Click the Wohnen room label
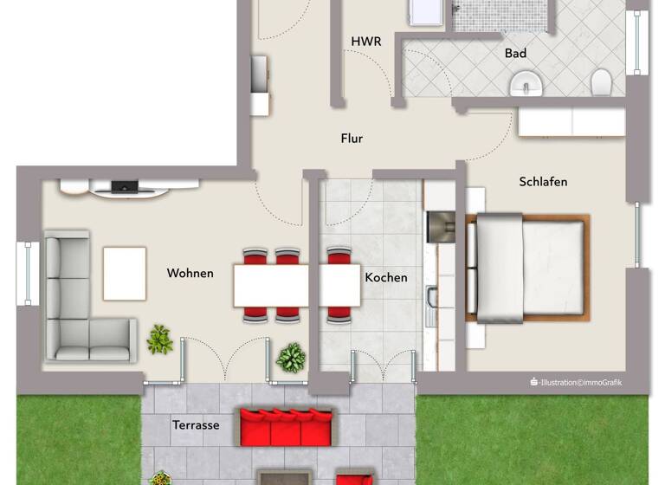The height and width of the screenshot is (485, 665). pos(190,274)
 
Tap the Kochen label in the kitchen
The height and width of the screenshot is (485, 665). pos(386,278)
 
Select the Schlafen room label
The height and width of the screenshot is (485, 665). pos(543,182)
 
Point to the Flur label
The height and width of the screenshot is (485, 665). pos(352,139)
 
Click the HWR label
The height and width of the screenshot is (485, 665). pos(366,42)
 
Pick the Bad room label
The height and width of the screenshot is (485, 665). pos(516,54)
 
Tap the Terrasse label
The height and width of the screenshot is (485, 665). pos(196,425)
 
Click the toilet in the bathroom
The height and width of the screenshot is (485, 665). pos(602,83)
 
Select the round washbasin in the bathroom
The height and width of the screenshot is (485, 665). pos(526,84)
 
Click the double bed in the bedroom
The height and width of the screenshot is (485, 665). pos(528,267)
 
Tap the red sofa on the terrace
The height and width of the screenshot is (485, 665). pos(286,426)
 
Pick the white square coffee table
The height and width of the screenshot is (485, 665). pos(125,274)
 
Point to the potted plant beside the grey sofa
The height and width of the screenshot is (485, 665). pos(159,339)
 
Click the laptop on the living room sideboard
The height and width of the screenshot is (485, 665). pos(125,185)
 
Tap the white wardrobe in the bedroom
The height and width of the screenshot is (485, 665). pos(571,121)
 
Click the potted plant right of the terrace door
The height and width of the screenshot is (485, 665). pos(291,357)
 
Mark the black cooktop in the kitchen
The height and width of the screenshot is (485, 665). pos(442,227)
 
